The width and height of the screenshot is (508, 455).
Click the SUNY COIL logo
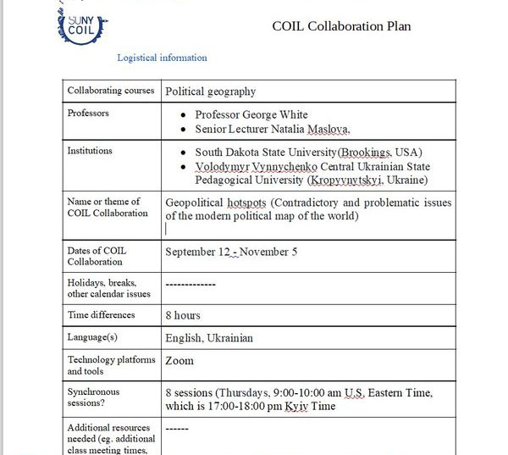pyautogui.click(x=82, y=25)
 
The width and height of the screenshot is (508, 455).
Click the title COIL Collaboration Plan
pyautogui.click(x=341, y=26)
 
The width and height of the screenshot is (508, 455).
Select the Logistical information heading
pyautogui.click(x=162, y=58)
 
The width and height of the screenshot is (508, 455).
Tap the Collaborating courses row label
pyautogui.click(x=111, y=91)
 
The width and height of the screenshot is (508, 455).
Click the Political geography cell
pyautogui.click(x=211, y=92)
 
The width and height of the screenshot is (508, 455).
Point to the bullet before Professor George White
pyautogui.click(x=184, y=115)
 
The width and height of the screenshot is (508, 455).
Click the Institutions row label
pyautogui.click(x=90, y=151)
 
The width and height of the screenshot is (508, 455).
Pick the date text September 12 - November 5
pyautogui.click(x=231, y=252)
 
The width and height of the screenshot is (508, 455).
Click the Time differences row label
pyautogui.click(x=102, y=315)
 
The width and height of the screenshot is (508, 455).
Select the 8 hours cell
pyautogui.click(x=183, y=315)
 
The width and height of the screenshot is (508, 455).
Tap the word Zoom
pyautogui.click(x=179, y=360)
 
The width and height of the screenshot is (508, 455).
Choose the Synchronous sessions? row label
pyautogui.click(x=94, y=398)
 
